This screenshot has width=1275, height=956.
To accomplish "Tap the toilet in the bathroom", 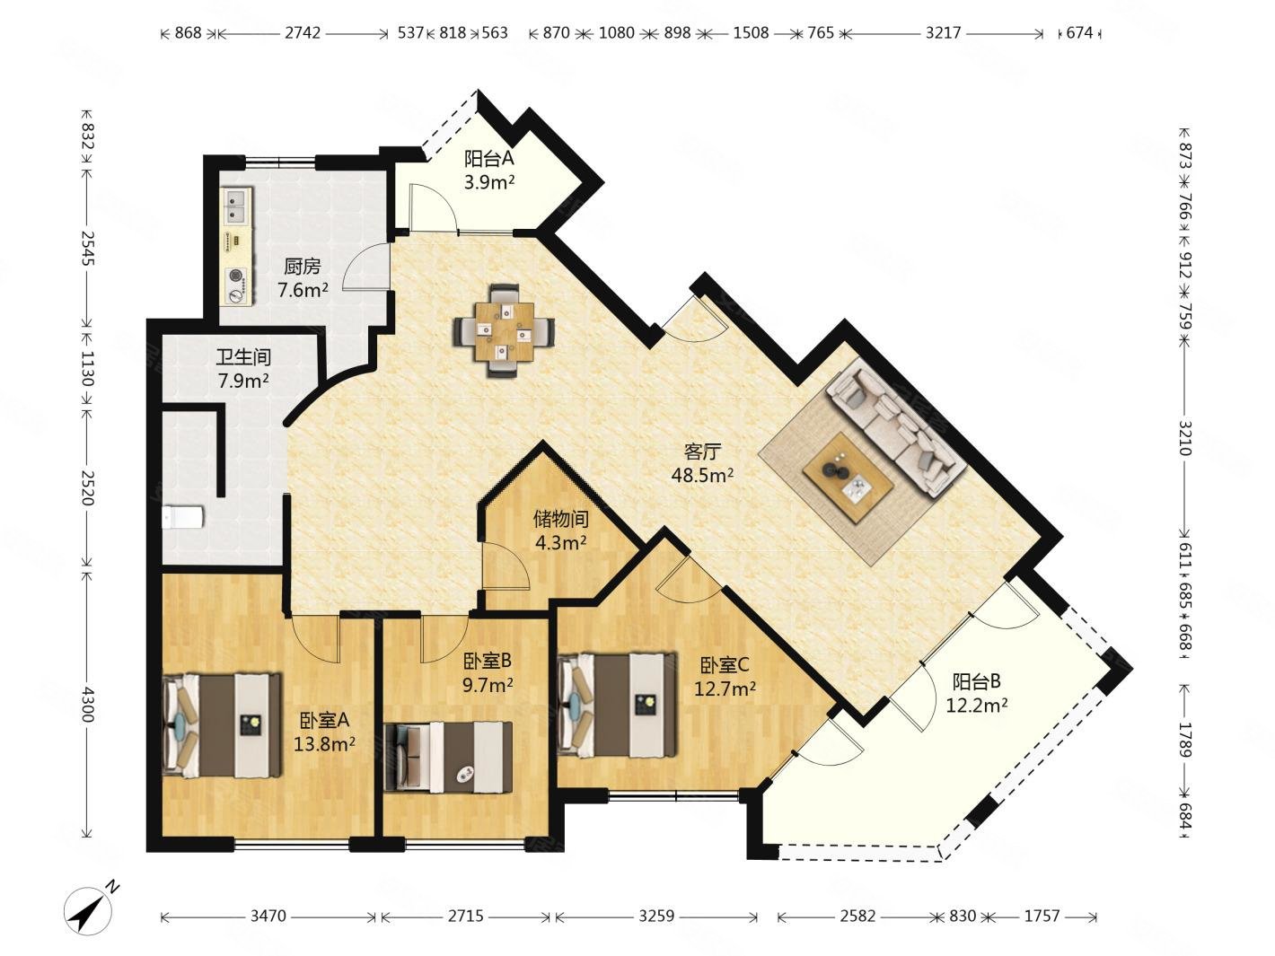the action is point(182,517).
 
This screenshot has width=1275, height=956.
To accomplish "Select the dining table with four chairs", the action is point(505,331).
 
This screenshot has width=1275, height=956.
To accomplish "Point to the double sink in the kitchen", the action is point(237,206).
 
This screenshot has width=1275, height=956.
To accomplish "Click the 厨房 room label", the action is point(302,267).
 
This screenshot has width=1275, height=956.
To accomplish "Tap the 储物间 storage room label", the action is point(560,518).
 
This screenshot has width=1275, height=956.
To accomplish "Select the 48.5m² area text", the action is point(702,476).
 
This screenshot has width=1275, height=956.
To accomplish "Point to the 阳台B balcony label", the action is point(976,680).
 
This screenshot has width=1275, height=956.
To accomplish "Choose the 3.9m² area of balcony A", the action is point(489,183).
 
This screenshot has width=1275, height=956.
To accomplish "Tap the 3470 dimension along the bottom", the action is point(268,917).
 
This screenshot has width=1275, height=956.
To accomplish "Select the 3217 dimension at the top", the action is point(943,33).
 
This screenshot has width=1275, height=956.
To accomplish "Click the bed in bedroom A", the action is point(221,725).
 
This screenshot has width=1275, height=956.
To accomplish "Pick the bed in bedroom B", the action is point(448,757).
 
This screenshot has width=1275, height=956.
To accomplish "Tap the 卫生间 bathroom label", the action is point(243,357).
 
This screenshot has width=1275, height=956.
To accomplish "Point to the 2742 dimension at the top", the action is point(302,33).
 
